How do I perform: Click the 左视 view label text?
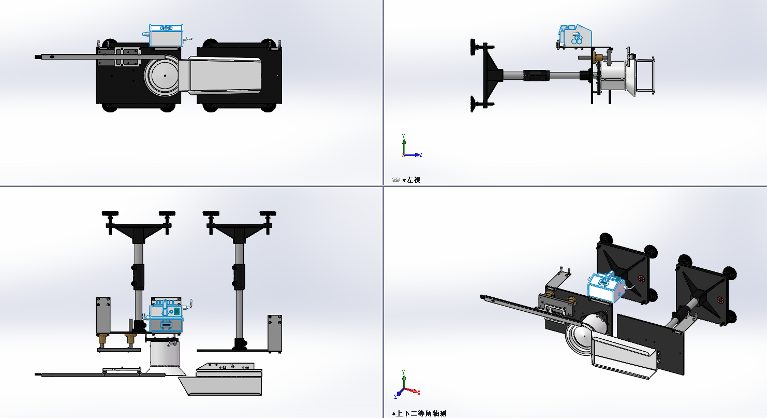coord(414,180)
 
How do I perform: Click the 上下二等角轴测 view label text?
coord(421,413)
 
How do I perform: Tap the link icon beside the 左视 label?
coord(396,180)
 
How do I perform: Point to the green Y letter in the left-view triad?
coord(403,136)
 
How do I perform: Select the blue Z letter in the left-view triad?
coord(421,155)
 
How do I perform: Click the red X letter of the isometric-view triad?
coord(419,393)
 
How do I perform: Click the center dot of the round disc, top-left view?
coord(165,76)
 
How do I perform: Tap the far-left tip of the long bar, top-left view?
coord(35,57)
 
